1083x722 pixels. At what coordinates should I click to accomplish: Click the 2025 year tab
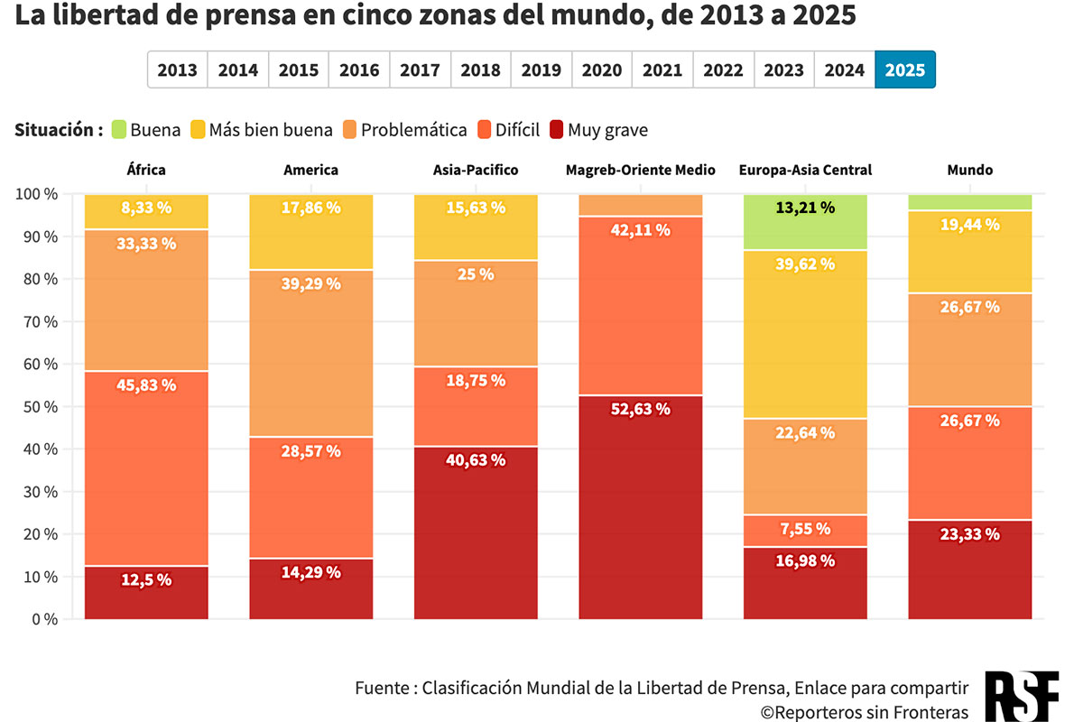point(905,69)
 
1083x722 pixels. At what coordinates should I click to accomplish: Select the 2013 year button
point(178,69)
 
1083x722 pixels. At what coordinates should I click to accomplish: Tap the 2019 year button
point(541,69)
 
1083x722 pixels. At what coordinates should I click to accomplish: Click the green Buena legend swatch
point(118,130)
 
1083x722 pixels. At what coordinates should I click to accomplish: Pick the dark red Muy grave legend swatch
point(556,130)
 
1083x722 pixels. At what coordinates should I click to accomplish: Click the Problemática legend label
point(414,130)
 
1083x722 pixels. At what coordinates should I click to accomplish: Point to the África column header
point(146,170)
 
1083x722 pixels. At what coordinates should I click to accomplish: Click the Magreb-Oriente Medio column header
point(641,170)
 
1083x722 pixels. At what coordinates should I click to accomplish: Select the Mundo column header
point(970,170)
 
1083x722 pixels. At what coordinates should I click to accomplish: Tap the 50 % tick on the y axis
point(37,407)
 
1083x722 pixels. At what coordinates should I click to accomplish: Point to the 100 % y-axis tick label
point(37,194)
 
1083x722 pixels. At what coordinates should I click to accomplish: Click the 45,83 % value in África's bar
point(146,385)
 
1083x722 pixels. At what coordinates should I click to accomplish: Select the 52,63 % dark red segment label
point(641,409)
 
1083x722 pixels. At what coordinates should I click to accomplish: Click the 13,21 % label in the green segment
point(805,208)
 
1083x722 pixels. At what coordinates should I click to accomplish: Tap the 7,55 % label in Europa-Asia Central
point(805,529)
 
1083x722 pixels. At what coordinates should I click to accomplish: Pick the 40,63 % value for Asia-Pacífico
point(476,460)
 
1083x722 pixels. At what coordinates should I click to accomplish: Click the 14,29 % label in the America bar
point(311,572)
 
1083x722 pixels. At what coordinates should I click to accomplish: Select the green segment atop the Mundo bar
point(970,202)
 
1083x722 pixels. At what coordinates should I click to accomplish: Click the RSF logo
point(1023,696)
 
